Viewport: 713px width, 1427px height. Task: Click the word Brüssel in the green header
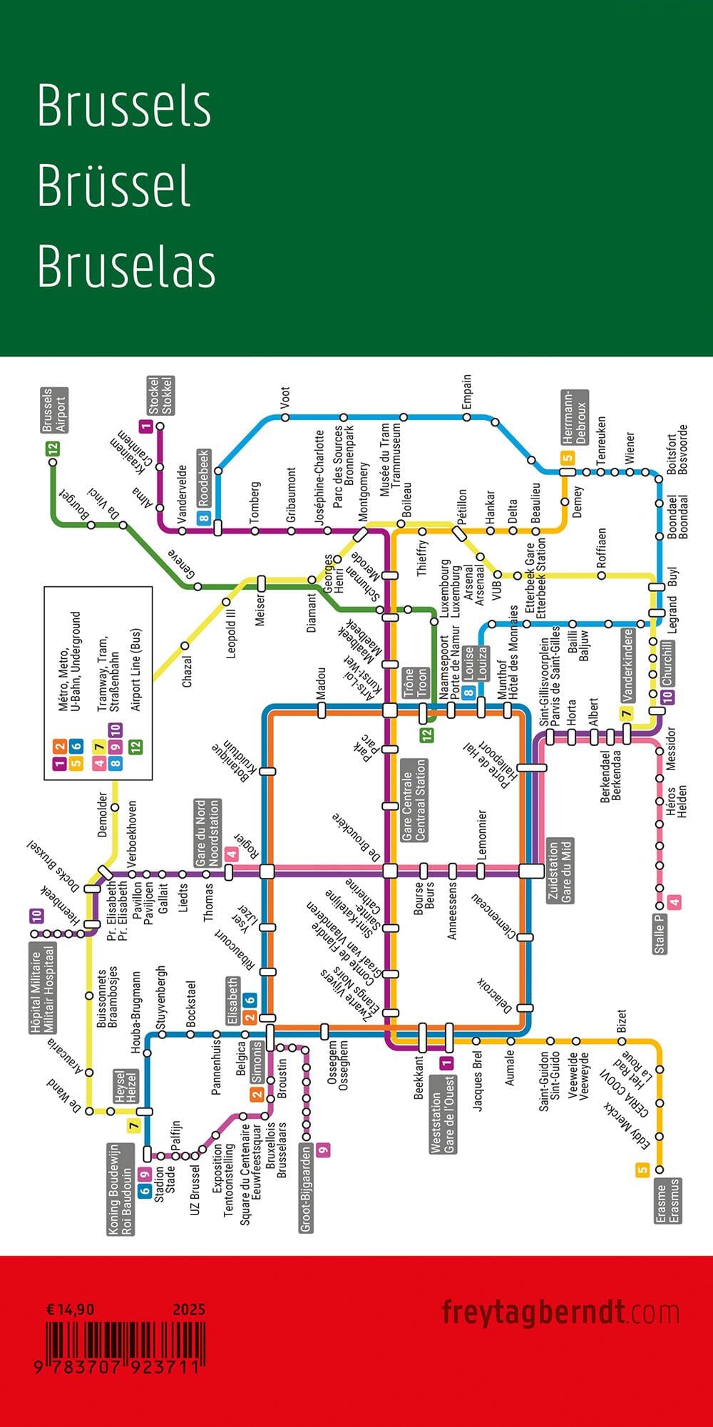click(114, 186)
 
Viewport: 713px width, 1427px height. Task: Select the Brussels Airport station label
click(54, 410)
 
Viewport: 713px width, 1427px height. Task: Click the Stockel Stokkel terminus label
click(161, 396)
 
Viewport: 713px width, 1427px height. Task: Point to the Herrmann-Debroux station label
click(574, 418)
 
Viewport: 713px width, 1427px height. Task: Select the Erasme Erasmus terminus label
click(668, 1201)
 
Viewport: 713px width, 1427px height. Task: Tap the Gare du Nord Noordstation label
click(207, 833)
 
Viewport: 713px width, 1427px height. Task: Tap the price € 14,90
click(69, 1309)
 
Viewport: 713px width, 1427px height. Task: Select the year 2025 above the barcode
click(189, 1309)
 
